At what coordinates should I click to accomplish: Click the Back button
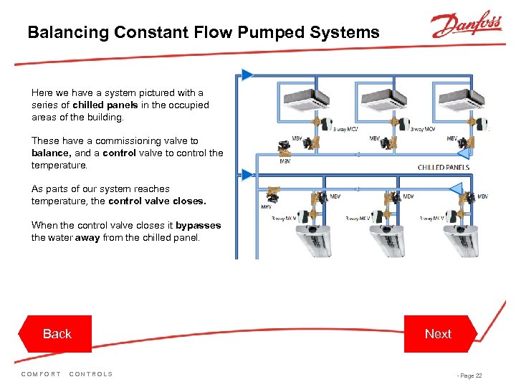57,334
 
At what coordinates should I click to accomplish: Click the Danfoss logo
466,26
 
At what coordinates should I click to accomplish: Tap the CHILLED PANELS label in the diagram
444,167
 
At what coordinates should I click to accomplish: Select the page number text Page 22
470,376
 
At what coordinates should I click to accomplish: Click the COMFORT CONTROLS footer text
67,374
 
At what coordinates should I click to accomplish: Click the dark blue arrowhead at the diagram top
247,74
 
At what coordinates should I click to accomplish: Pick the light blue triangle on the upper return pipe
463,152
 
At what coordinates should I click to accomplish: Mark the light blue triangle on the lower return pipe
455,188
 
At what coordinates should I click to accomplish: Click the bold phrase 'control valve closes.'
157,201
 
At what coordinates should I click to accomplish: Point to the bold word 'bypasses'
199,225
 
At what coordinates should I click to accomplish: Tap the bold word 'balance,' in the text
51,153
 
